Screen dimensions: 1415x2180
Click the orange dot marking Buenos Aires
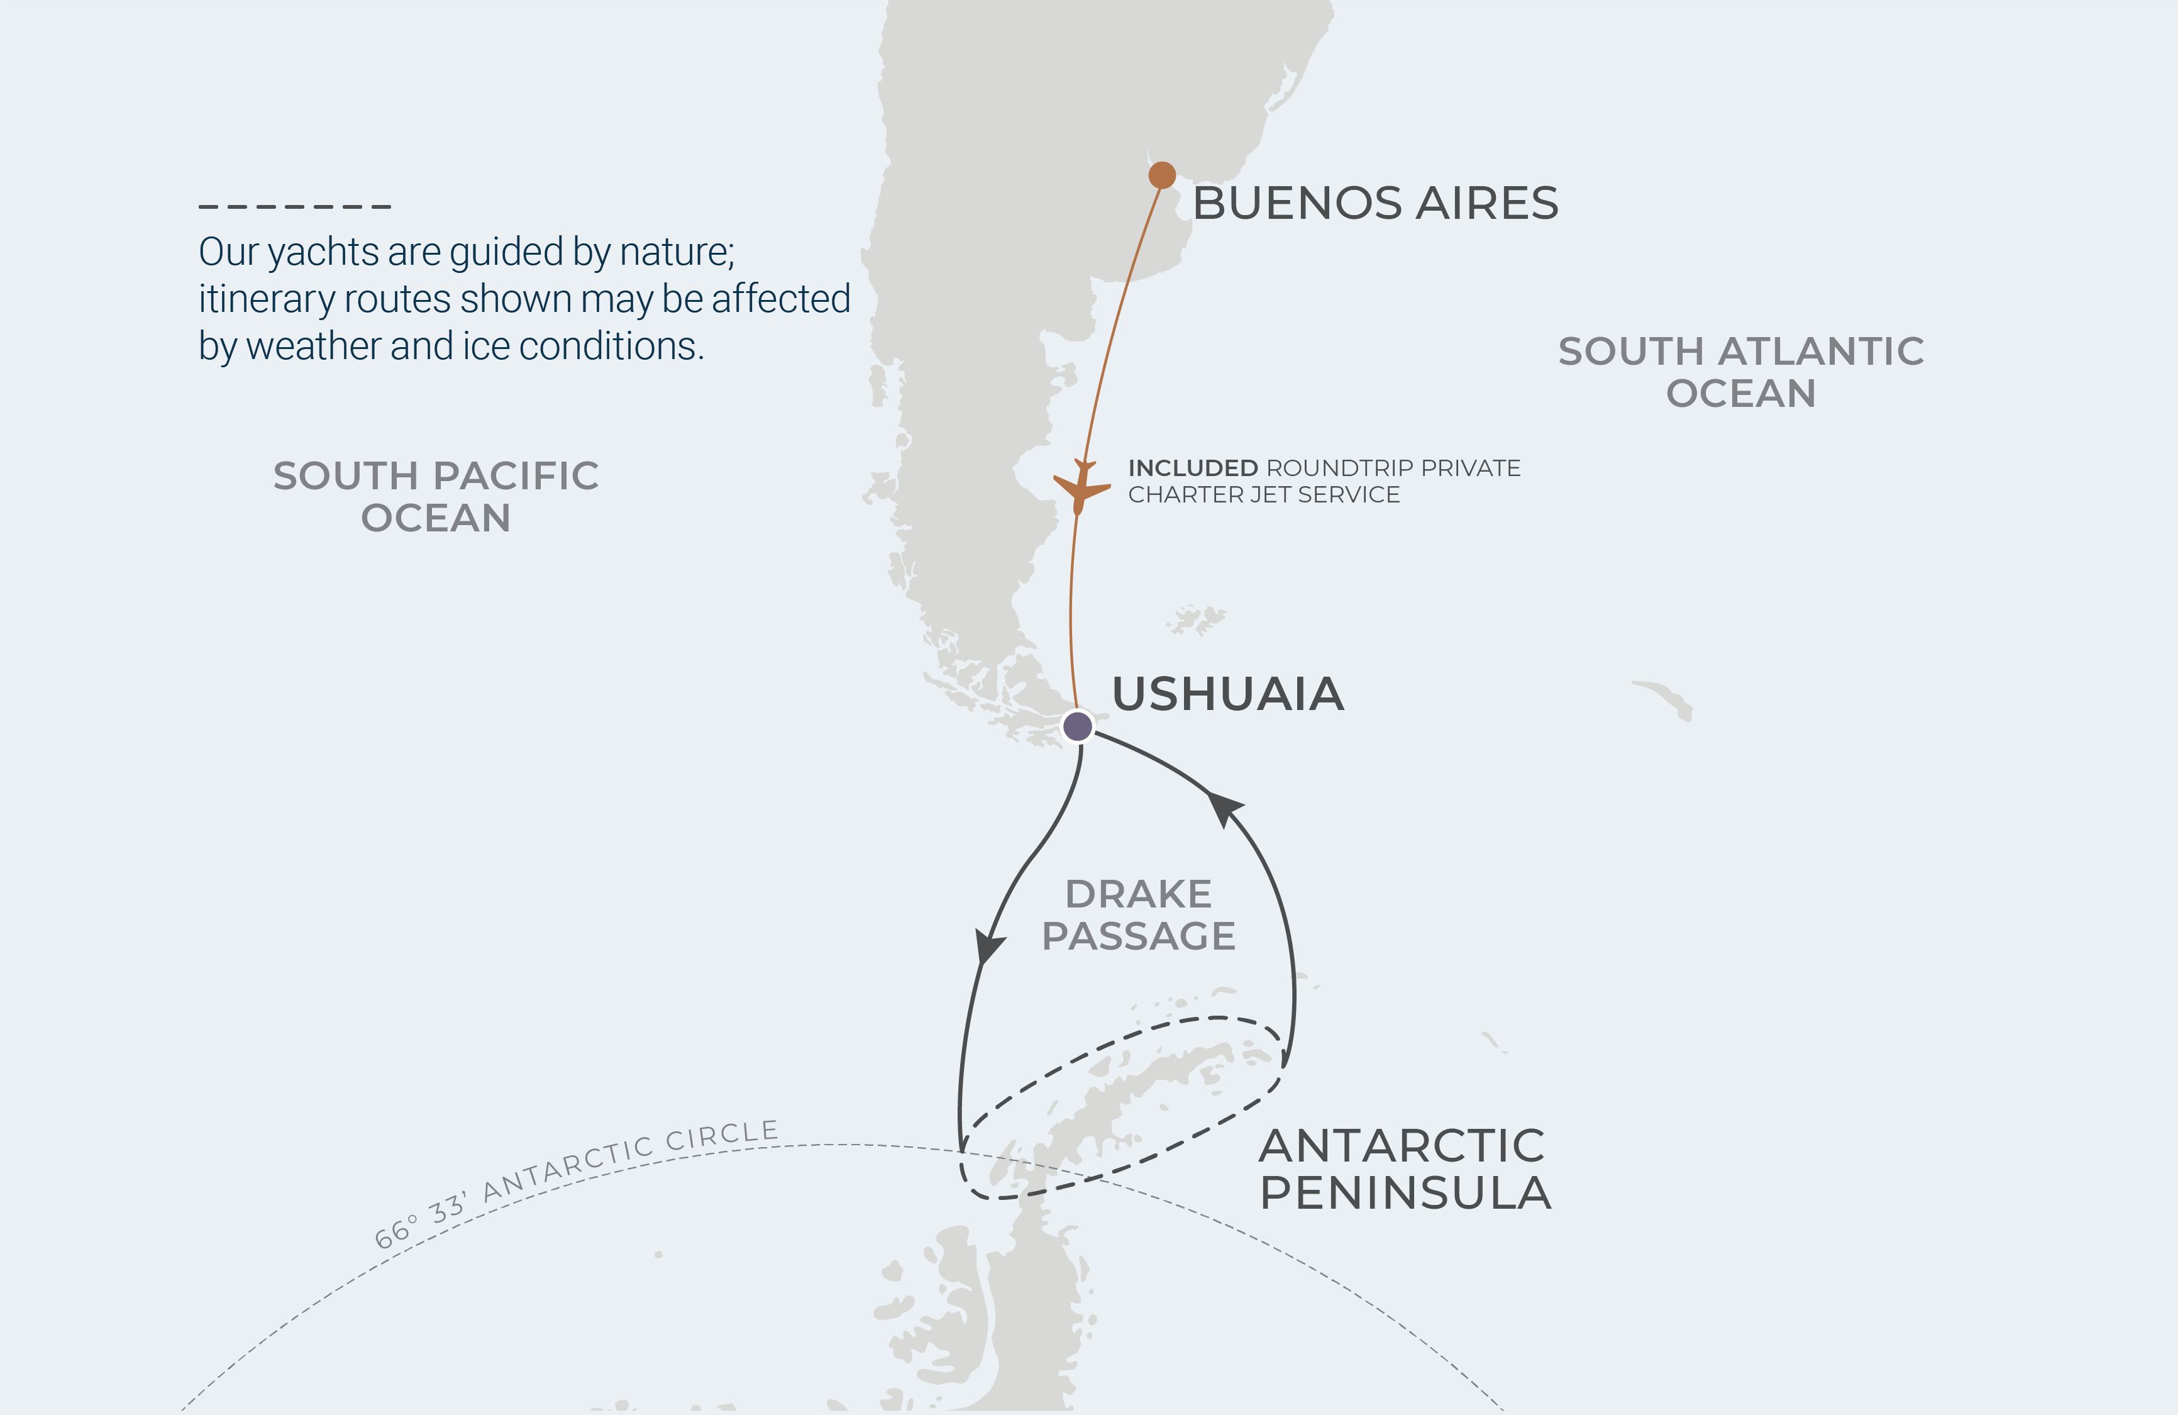click(1161, 174)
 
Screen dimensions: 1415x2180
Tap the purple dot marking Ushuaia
click(1077, 726)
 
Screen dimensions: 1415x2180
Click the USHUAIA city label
click(1227, 694)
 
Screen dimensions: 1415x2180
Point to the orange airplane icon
click(1081, 486)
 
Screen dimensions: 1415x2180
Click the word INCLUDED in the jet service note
click(1193, 468)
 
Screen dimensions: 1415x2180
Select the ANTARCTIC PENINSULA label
click(1404, 1168)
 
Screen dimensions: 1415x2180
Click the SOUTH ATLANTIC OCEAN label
click(1740, 372)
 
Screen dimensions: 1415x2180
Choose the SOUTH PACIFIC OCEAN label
click(436, 496)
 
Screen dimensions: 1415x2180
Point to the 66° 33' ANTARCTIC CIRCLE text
click(577, 1182)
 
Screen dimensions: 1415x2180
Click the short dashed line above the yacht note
click(295, 207)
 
